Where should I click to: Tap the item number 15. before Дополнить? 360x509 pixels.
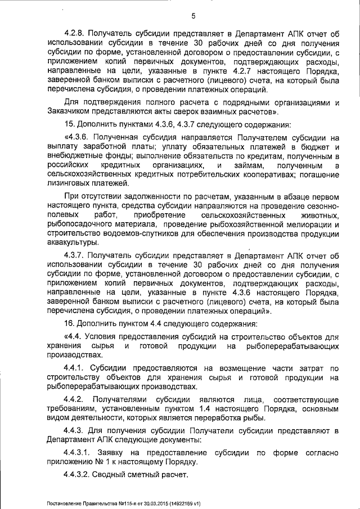point(70,124)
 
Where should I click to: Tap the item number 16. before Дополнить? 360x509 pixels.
point(70,323)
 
